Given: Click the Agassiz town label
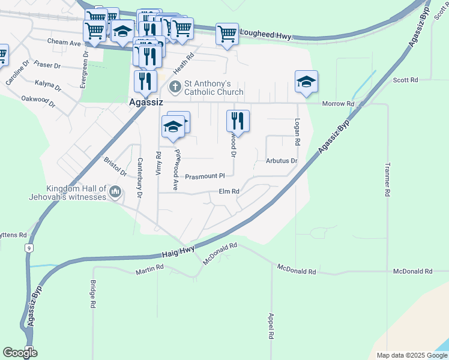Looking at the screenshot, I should point(146,103).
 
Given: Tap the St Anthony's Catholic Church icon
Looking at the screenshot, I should point(175,87).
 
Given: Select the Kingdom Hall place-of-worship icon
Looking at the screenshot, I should point(115,192).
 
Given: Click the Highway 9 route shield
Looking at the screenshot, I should point(28,247).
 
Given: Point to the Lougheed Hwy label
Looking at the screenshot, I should point(266,35).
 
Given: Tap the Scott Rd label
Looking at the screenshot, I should point(405,80).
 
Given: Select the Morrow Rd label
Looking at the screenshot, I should point(338,104).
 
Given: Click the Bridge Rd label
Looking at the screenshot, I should point(94,294).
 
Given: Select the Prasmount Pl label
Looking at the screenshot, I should point(204,176).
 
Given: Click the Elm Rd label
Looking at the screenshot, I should point(229,191).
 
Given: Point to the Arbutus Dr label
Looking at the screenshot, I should point(282,161).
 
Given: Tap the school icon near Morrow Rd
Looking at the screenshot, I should point(306,82).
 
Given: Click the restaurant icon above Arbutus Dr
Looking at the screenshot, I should point(238,121).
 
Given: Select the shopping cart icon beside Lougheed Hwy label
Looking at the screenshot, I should point(227,34).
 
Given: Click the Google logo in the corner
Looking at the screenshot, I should point(20,352).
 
